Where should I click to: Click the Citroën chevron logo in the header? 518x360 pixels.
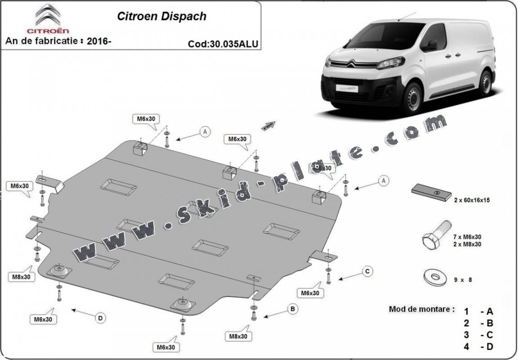point(46,15)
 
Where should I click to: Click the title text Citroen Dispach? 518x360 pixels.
point(162,17)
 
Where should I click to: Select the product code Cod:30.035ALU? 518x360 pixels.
point(223,44)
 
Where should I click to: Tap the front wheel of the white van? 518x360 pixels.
point(412,98)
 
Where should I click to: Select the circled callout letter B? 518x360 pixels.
point(292,309)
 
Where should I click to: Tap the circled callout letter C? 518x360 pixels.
point(367,271)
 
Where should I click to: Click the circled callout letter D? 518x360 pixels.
point(100,318)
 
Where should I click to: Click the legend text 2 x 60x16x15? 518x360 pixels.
point(471,200)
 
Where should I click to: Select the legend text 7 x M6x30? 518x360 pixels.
point(467,237)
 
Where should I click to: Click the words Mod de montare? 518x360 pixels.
point(421,310)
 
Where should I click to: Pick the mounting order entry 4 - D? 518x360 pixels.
point(478,346)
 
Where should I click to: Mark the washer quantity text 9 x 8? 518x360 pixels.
point(463,280)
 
